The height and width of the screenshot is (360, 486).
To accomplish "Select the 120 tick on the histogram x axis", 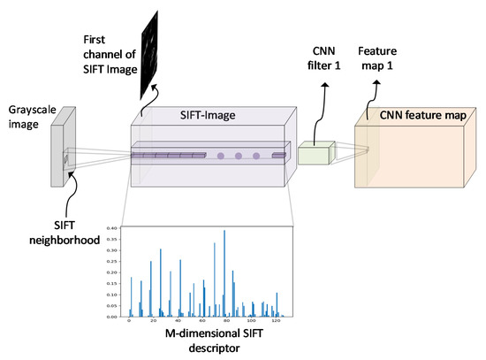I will (276, 322).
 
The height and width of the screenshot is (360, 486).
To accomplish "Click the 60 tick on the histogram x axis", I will (202, 322).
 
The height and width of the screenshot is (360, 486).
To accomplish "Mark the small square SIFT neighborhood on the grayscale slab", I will (65, 161).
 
